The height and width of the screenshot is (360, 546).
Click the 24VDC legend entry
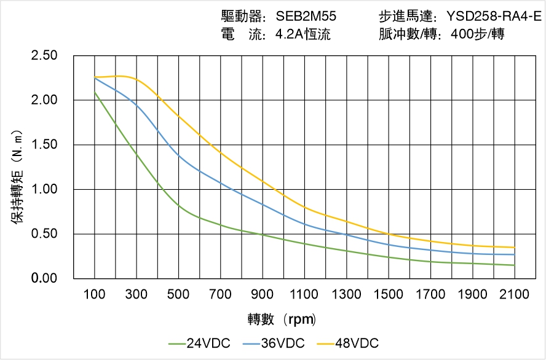[199, 343]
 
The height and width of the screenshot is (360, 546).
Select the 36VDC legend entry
[274, 343]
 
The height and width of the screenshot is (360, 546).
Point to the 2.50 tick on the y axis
[44, 56]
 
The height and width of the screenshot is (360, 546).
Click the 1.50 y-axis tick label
[44, 145]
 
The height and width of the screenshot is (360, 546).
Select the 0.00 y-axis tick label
[44, 279]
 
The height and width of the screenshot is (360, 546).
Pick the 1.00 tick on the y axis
[44, 190]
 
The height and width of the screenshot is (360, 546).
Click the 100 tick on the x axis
[95, 294]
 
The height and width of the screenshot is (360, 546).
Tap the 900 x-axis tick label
[263, 294]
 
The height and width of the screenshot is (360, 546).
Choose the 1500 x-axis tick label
[389, 294]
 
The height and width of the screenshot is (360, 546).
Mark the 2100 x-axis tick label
[515, 294]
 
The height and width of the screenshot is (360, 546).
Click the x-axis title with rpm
[282, 319]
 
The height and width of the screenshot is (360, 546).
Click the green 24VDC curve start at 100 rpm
[95, 92]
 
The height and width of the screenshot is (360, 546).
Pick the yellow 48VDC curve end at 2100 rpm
[515, 248]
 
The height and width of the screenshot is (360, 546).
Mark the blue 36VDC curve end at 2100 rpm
[515, 254]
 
